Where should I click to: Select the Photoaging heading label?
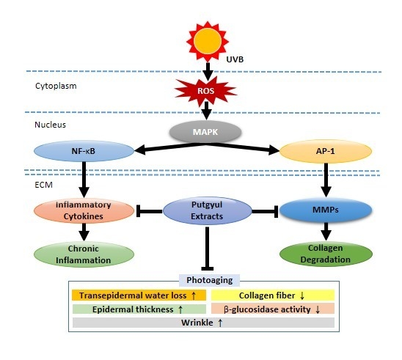pyautogui.click(x=206, y=279)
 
